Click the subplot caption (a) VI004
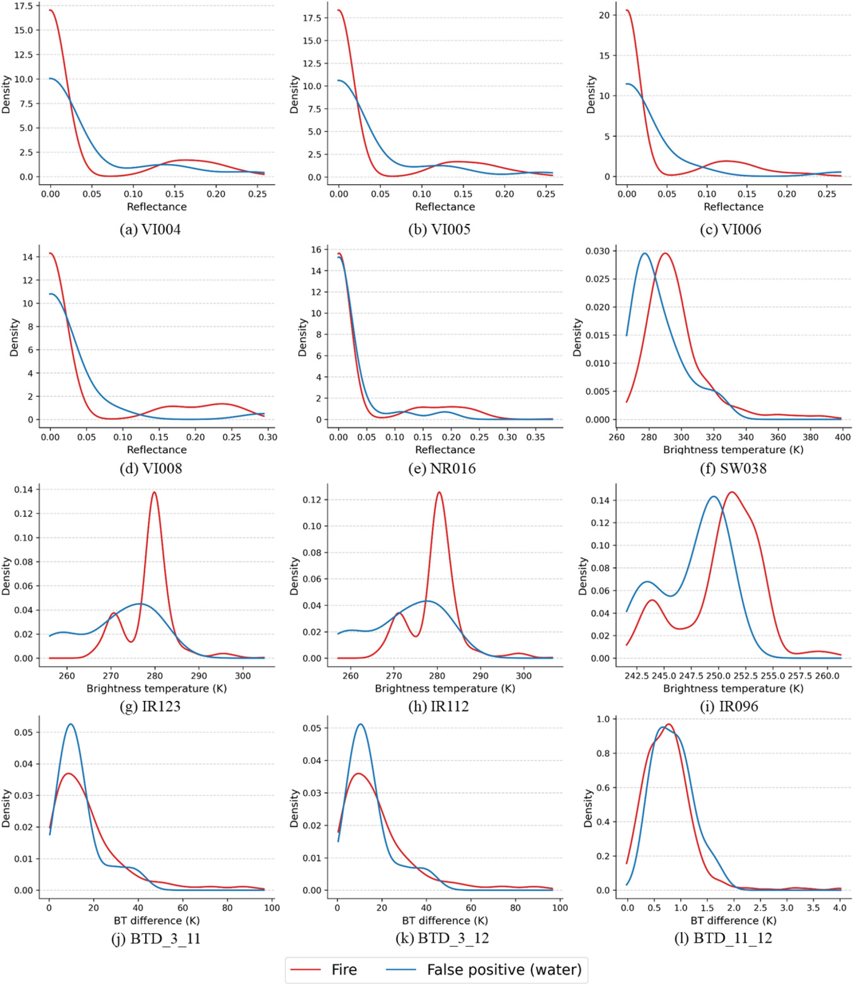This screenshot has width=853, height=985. (x=150, y=230)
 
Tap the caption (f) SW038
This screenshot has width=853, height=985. (x=733, y=468)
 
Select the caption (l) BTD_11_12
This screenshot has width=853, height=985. (x=723, y=938)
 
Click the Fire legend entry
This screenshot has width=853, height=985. (x=324, y=970)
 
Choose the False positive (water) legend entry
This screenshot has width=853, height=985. (x=484, y=970)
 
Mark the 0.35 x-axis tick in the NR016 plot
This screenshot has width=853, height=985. (x=536, y=437)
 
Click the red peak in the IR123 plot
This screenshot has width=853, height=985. (x=154, y=492)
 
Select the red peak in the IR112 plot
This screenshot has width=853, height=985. (x=439, y=492)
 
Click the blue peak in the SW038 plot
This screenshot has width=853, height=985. (x=645, y=253)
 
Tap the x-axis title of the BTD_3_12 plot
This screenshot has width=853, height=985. (x=445, y=920)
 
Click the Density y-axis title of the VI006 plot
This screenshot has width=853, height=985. (x=591, y=94)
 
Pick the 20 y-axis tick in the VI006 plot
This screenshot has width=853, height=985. (x=604, y=15)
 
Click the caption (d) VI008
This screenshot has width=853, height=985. (x=150, y=468)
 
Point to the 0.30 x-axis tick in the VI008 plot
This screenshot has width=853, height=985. (x=268, y=437)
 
